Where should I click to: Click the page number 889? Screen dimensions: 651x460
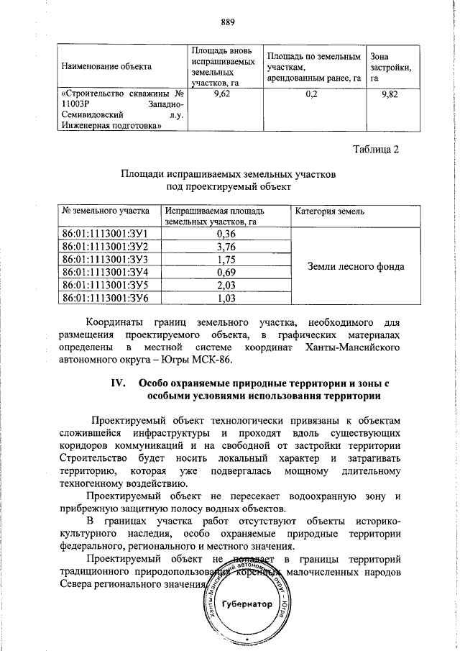pos(229,20)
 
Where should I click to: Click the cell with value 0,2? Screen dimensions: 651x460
pos(310,94)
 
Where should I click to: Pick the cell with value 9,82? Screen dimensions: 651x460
pos(388,94)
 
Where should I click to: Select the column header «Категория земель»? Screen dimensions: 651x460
pos(330,211)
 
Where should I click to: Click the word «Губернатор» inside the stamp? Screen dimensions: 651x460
pos(247,604)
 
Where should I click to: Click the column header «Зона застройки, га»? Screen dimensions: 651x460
pos(390,66)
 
